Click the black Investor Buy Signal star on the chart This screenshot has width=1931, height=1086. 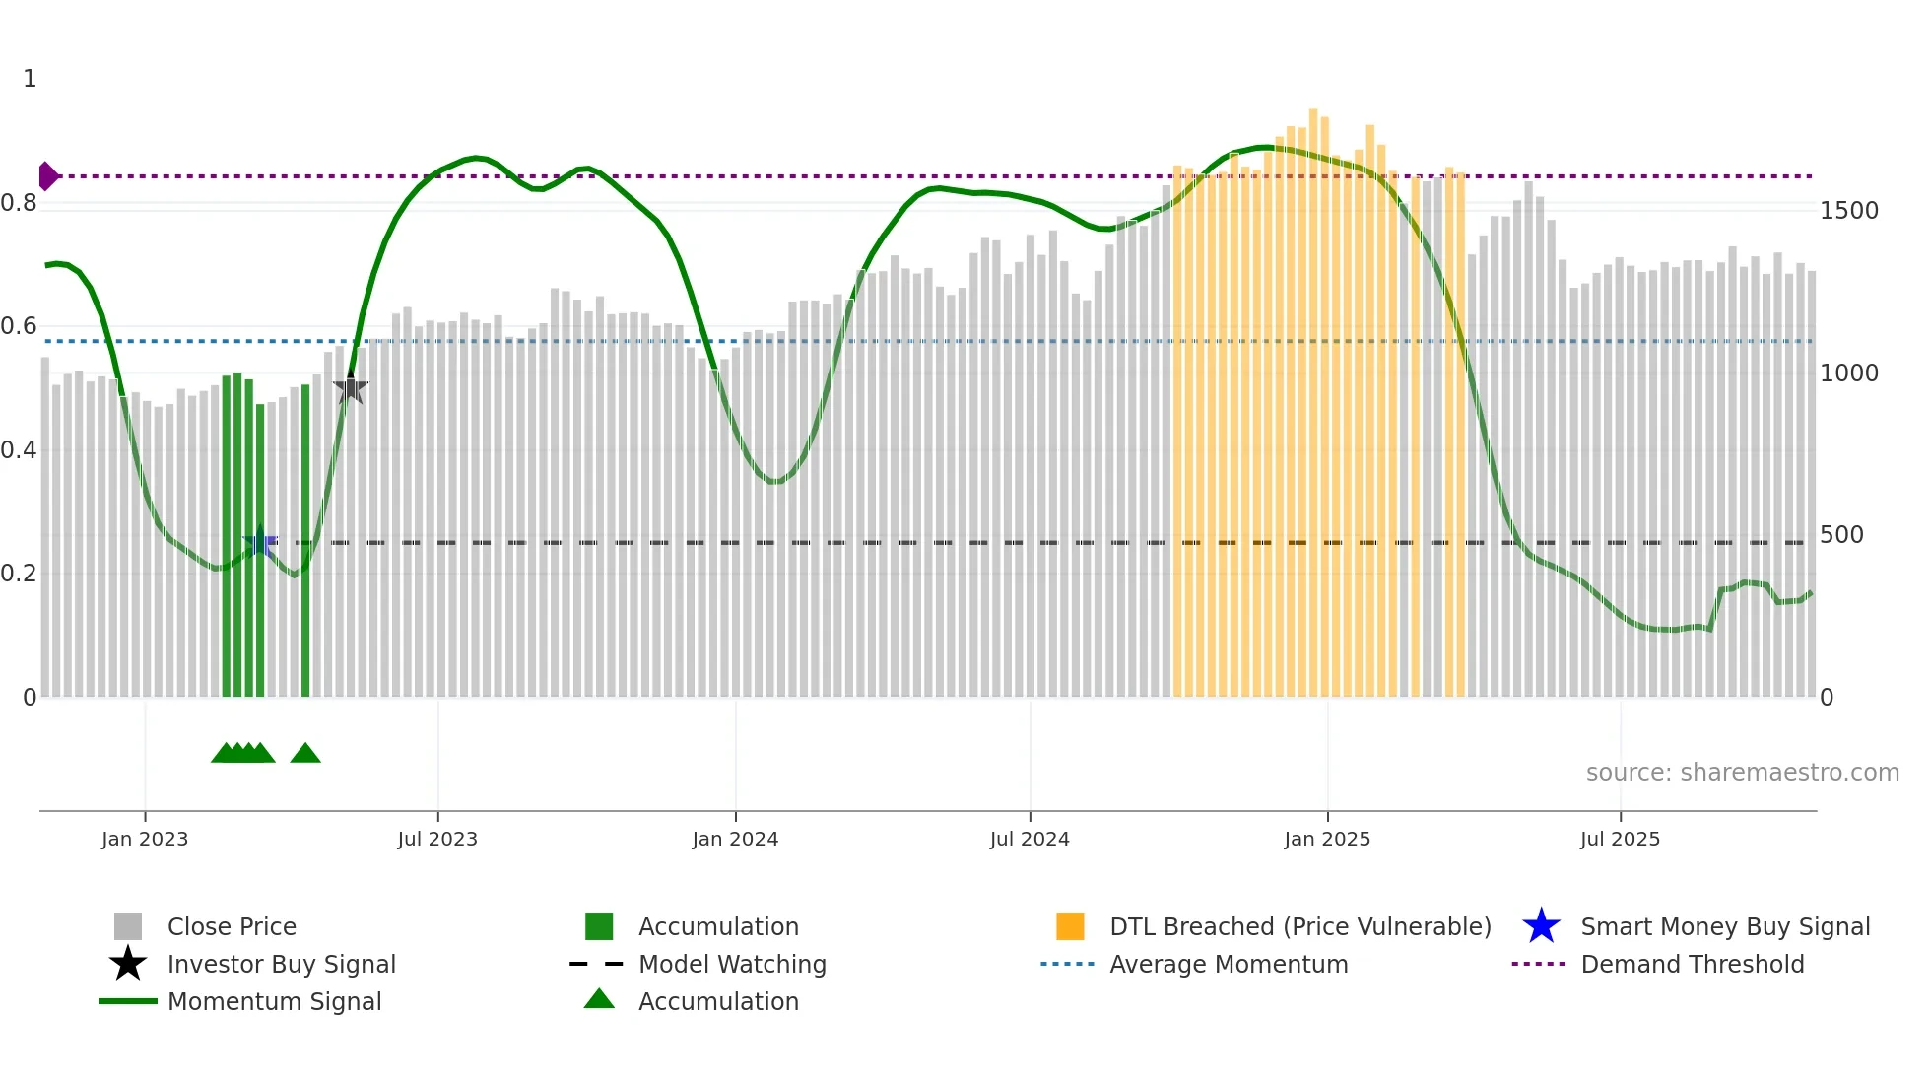click(x=351, y=388)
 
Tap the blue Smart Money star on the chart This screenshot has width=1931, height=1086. click(x=260, y=542)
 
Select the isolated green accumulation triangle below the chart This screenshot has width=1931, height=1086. click(x=305, y=754)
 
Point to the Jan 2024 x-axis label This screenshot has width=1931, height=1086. click(x=735, y=839)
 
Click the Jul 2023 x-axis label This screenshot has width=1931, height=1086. click(x=437, y=839)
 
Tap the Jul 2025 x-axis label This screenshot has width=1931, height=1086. click(x=1620, y=839)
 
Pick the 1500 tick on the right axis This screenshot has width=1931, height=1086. click(x=1848, y=210)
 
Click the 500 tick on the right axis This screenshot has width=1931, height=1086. click(x=1840, y=535)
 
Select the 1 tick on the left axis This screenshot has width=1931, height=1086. click(x=30, y=79)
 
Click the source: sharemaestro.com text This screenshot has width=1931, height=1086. click(x=1742, y=773)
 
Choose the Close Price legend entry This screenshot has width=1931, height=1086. click(x=231, y=926)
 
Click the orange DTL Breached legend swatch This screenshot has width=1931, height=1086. click(x=1070, y=926)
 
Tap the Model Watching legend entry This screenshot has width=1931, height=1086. click(x=731, y=964)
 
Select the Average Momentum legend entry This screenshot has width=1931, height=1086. click(x=1228, y=964)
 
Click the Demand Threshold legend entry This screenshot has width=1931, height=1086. click(x=1692, y=964)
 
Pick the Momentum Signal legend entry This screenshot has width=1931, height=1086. click(x=274, y=1001)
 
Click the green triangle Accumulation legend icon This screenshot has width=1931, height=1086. click(x=599, y=999)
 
